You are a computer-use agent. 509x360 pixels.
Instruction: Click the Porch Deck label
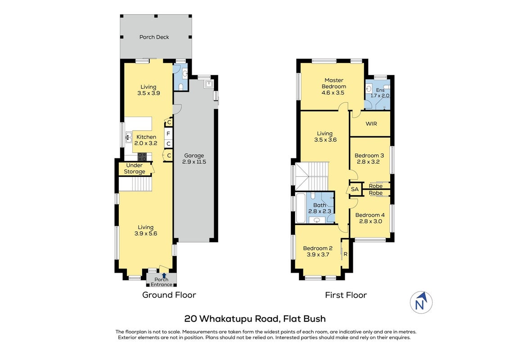point(154,37)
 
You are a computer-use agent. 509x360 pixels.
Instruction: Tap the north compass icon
point(421,302)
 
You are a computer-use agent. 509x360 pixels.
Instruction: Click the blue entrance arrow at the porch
point(164,275)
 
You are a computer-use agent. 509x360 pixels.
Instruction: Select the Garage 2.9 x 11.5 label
point(194,158)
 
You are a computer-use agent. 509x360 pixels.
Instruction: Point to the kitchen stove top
point(142,157)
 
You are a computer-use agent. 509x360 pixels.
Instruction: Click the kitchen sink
point(129,138)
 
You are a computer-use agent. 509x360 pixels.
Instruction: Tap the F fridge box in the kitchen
point(168,133)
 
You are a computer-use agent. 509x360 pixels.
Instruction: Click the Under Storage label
point(135,168)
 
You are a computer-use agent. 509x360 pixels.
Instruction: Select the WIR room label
point(371,124)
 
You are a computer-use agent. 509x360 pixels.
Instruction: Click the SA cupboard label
point(355,189)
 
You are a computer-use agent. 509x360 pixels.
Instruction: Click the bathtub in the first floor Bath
point(301,208)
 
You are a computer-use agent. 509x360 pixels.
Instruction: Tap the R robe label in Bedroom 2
point(345,254)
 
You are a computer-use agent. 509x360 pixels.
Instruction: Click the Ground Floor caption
point(169,295)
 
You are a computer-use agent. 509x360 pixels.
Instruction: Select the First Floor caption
point(346,295)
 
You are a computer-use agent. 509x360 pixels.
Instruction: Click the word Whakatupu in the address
point(226,319)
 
